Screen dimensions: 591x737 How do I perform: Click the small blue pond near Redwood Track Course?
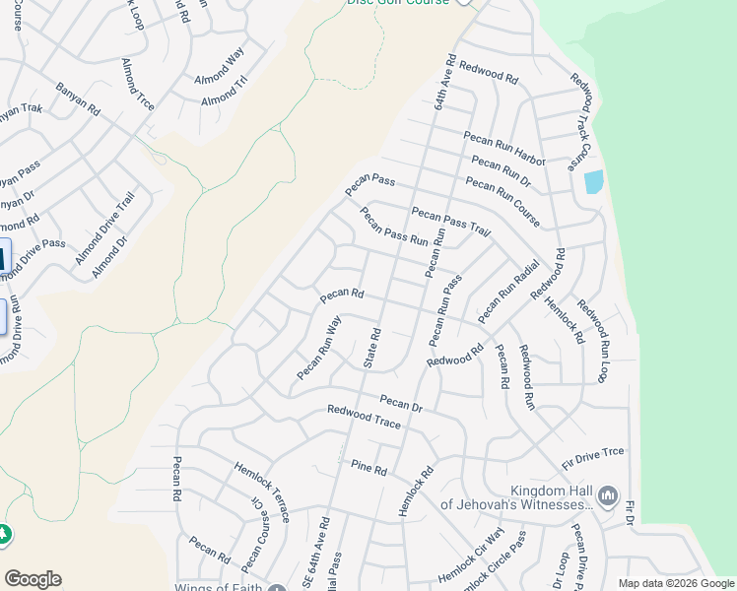[593, 182]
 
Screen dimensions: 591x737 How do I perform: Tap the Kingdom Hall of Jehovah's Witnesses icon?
[608, 493]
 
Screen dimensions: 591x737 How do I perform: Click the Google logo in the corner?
[33, 579]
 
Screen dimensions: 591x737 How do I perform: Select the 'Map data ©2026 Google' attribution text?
[676, 583]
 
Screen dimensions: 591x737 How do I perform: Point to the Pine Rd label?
[368, 470]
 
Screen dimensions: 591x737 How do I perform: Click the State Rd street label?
[372, 348]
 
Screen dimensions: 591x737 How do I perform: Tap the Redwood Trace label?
[364, 417]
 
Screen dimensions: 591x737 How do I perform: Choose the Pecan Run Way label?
[319, 348]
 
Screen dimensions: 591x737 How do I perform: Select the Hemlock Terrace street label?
[262, 492]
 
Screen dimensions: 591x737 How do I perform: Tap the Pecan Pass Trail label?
[450, 222]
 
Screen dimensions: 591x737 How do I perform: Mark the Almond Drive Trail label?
[104, 230]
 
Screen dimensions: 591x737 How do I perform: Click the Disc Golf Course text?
[397, 3]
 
